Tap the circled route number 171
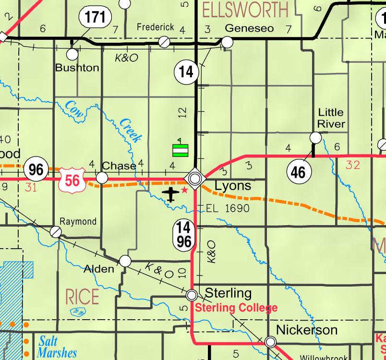click(x=95, y=18)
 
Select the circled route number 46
click(x=298, y=172)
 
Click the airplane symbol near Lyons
click(x=171, y=194)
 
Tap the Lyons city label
click(x=233, y=186)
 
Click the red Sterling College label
click(x=236, y=308)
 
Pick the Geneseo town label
click(x=249, y=28)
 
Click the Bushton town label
click(x=77, y=68)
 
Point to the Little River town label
click(x=331, y=118)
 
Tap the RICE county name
click(x=82, y=297)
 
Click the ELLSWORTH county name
click(x=245, y=9)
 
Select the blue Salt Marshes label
click(x=57, y=347)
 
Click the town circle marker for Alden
click(x=125, y=261)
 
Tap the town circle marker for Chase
click(x=102, y=178)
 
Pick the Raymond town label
click(x=78, y=221)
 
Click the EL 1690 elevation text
click(x=228, y=208)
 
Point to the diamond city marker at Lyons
click(x=195, y=179)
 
